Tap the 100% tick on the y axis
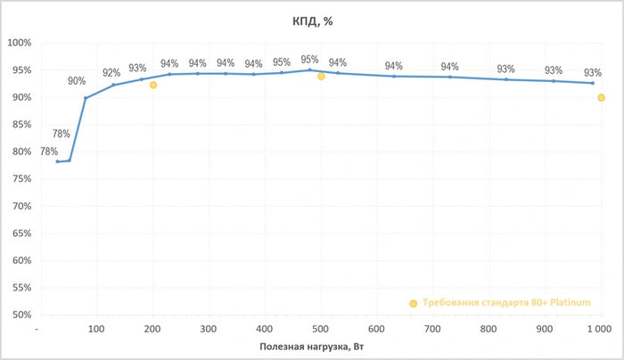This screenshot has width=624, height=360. (19, 43)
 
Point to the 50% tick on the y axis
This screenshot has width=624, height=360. (21, 315)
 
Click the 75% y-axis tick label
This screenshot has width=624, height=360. (21, 179)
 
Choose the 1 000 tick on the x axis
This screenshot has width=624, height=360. (599, 329)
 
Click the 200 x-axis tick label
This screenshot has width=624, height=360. (153, 329)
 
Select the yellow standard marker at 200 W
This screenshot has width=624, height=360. (153, 86)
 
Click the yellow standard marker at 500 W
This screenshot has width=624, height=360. (321, 77)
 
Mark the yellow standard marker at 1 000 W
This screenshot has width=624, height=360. (601, 98)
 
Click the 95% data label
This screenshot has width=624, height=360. (309, 60)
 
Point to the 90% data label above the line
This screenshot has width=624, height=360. (77, 81)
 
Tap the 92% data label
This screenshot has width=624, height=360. (111, 73)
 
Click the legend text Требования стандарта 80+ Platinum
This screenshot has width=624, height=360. (506, 303)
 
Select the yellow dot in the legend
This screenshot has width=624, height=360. (413, 304)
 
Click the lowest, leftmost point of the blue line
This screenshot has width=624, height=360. (57, 161)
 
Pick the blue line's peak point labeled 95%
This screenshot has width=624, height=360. (309, 70)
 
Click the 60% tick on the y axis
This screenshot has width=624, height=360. (21, 260)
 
